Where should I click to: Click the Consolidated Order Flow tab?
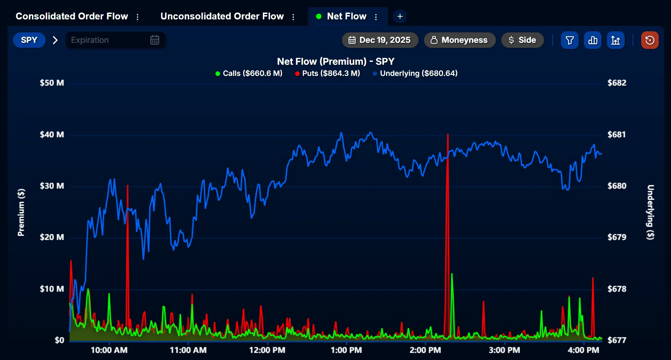pos(72,17)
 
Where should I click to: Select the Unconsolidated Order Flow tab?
pos(222,17)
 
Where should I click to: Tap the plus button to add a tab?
pos(400,17)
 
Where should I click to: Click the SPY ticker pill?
pos(29,40)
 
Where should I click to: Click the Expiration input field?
pos(108,40)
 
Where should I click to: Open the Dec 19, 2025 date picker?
pos(380,40)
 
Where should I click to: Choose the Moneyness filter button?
pos(460,40)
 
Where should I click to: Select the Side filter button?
pos(522,40)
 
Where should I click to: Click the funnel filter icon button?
pos(570,40)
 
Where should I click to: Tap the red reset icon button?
pos(650,40)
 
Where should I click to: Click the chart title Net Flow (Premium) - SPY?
pos(335,61)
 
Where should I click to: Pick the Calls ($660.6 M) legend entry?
pos(249,73)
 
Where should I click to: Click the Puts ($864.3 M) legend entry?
pos(327,73)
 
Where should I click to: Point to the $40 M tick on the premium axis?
pos(52,135)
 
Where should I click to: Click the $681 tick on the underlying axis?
pos(617,135)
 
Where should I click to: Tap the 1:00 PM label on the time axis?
pos(346,350)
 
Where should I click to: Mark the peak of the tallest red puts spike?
pos(448,135)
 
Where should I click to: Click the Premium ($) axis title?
pos(21,212)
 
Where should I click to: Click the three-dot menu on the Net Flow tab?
pos(376,17)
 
